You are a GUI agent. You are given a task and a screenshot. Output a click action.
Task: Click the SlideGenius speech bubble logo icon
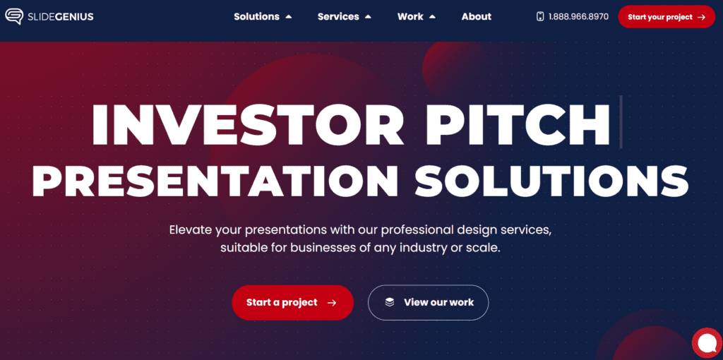[x=14, y=17]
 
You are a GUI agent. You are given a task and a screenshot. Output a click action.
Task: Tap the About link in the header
[x=477, y=17]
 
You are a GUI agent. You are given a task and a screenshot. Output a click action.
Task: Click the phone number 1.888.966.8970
[x=578, y=17]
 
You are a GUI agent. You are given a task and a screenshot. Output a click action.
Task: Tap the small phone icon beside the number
[x=540, y=17]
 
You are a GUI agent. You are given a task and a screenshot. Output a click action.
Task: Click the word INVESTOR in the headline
[x=249, y=124]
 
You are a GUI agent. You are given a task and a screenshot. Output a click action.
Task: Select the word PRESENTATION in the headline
[x=215, y=180]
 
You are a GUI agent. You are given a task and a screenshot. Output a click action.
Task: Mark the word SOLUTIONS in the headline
[x=551, y=180]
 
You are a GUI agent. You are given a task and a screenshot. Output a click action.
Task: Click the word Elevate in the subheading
[x=189, y=229]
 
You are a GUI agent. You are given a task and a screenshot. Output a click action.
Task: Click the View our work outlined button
[x=428, y=302]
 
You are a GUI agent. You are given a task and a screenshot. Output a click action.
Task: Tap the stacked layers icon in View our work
[x=390, y=302]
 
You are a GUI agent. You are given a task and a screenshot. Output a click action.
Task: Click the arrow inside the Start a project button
[x=332, y=303]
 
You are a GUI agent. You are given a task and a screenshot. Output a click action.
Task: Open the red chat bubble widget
[x=707, y=343]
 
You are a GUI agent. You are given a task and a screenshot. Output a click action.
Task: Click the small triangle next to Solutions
[x=289, y=17]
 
